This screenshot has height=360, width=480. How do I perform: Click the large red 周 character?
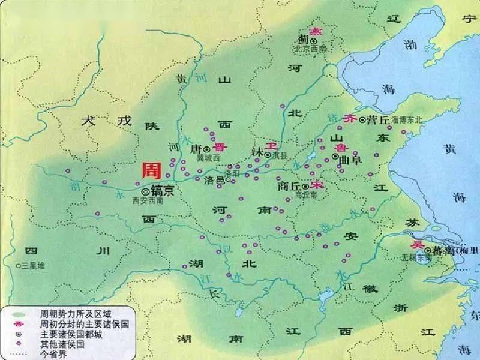[151, 170]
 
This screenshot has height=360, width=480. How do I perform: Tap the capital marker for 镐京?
[145, 191]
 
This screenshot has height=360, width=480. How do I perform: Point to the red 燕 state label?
[314, 31]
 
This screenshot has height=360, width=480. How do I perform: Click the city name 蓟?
[302, 40]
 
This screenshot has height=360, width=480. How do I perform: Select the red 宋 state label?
[317, 186]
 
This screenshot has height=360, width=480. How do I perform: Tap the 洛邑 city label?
[214, 179]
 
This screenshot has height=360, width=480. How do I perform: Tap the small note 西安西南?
[147, 201]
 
